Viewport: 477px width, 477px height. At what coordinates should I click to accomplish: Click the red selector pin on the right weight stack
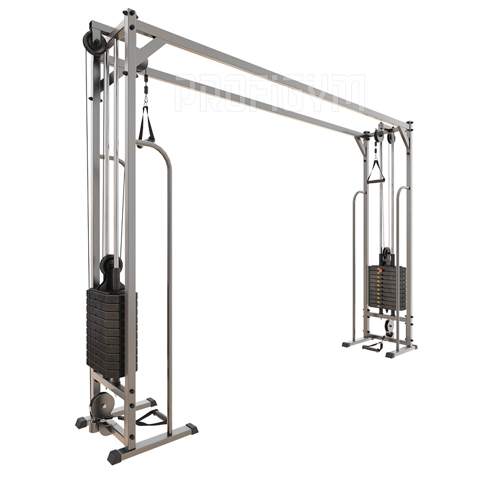[x=379, y=270]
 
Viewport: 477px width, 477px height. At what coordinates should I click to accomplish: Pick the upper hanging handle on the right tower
[x=376, y=172]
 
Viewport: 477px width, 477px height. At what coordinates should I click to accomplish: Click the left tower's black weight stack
[x=112, y=328]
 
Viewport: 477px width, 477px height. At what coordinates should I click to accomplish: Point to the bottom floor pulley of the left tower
[x=101, y=405]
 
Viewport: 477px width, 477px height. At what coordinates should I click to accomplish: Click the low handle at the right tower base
[x=373, y=347]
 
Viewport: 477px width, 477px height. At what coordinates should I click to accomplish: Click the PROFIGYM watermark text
[x=270, y=93]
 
